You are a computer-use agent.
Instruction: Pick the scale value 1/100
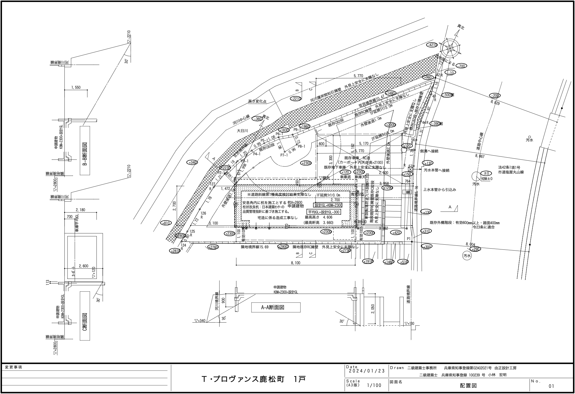coord(374,385)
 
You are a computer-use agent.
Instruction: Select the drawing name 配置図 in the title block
coord(468,385)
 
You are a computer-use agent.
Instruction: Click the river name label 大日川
coord(242,131)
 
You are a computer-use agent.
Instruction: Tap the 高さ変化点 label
coord(257,101)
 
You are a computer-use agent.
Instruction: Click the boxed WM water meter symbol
coord(408,192)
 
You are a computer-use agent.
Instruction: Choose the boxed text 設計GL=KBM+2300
coord(328,205)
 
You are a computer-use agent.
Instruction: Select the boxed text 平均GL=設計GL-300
coord(324,212)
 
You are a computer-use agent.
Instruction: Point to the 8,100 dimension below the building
coord(295,263)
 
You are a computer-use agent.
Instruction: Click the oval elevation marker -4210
coord(433,45)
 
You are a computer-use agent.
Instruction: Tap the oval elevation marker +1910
coord(368,261)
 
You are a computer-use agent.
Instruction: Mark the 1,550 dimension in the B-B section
coord(76,88)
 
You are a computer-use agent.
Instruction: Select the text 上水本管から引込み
coord(440,190)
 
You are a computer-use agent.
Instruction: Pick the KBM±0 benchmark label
coord(486,179)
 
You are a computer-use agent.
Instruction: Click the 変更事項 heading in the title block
coord(13,367)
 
